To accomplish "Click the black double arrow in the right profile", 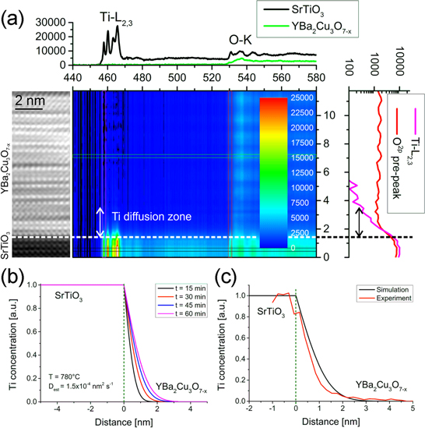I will point(359,221).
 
